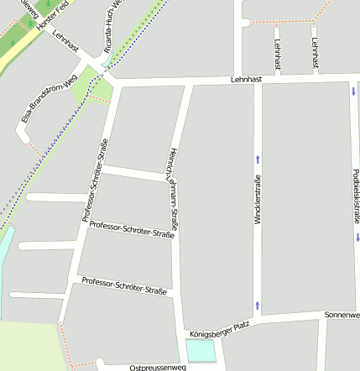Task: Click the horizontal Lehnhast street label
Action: pos(247,80)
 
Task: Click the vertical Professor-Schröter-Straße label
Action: pos(95,180)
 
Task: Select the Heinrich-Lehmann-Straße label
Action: pos(173,188)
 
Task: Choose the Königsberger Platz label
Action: pos(219,327)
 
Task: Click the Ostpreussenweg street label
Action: pos(158,368)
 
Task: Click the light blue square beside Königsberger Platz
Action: pos(200,350)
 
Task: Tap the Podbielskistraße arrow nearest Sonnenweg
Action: pos(356,238)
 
